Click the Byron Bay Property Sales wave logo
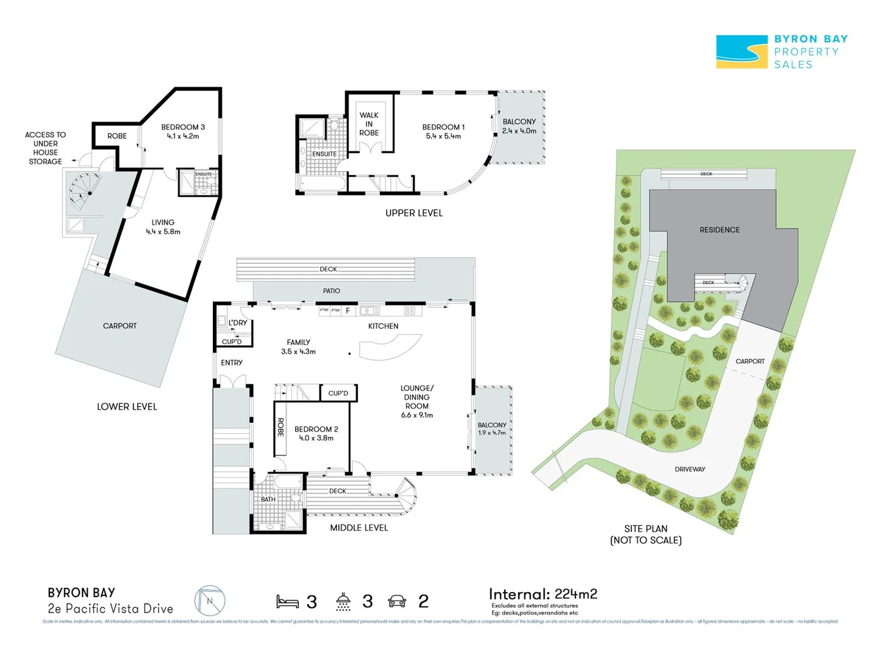741,52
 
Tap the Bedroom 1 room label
443,127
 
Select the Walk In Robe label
369,124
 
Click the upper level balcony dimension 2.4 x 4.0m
519,131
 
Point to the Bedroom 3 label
183,127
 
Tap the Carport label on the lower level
120,326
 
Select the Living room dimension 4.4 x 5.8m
163,232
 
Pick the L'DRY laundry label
238,323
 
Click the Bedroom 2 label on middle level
316,430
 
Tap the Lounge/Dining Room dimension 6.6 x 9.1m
417,416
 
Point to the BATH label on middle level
268,500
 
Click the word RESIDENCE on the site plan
719,230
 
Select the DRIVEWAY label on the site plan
690,469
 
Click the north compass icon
210,601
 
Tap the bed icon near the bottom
287,602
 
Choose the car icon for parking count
397,602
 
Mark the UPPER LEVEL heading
414,213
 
